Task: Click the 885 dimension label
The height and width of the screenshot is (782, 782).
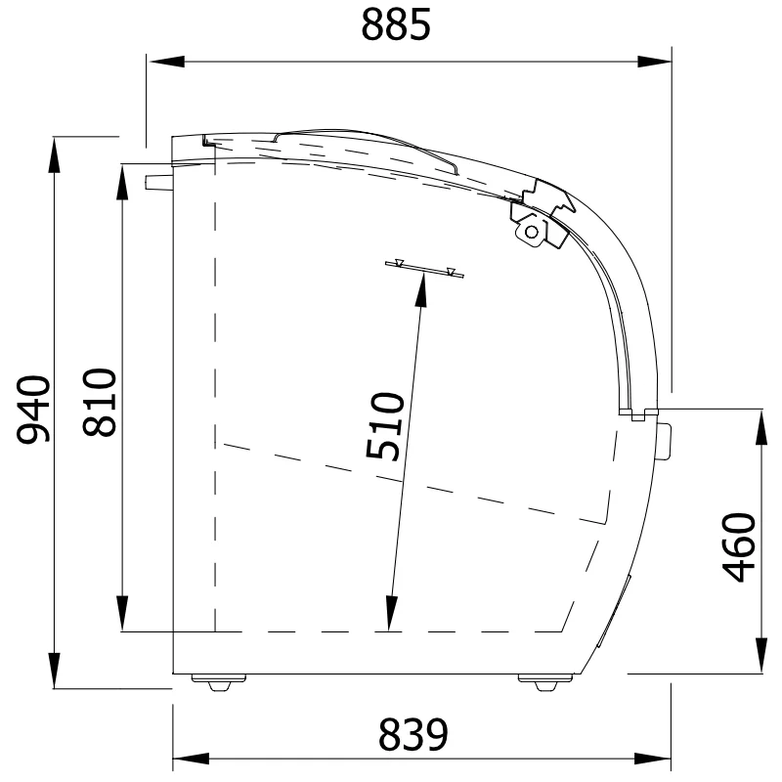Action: point(396,24)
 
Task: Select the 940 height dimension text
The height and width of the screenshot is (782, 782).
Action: point(33,410)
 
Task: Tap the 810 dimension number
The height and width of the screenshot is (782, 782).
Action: point(100,403)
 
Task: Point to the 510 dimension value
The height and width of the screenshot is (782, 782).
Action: point(384,426)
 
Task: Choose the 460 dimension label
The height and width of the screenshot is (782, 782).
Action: point(739,547)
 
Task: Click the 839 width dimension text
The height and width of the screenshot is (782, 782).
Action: point(413,735)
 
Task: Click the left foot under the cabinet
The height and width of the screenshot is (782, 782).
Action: point(219,681)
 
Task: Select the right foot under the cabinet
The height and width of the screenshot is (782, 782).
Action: point(545,681)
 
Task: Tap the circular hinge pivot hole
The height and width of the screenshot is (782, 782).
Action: point(532,232)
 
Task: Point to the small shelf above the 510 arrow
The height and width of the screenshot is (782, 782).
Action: point(424,270)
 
